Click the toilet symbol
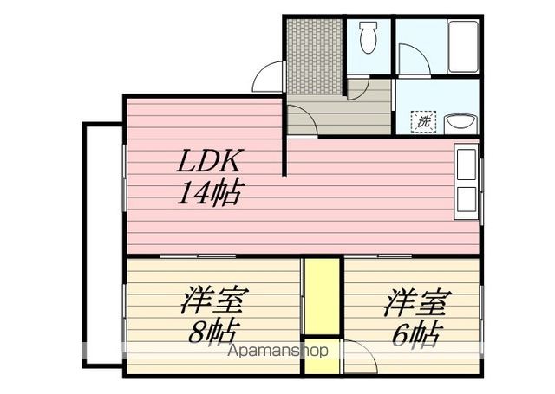[x=368, y=37]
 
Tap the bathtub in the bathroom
[x=463, y=47]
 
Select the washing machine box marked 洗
[x=423, y=122]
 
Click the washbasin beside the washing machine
[x=460, y=124]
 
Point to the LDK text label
[x=211, y=161]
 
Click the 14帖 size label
[x=210, y=193]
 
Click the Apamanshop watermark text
[x=278, y=351]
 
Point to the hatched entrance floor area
[x=314, y=55]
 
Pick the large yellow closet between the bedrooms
[x=322, y=296]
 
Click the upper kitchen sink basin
[x=467, y=165]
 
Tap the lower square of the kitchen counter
[x=467, y=199]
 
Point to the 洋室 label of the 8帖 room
[x=212, y=300]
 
